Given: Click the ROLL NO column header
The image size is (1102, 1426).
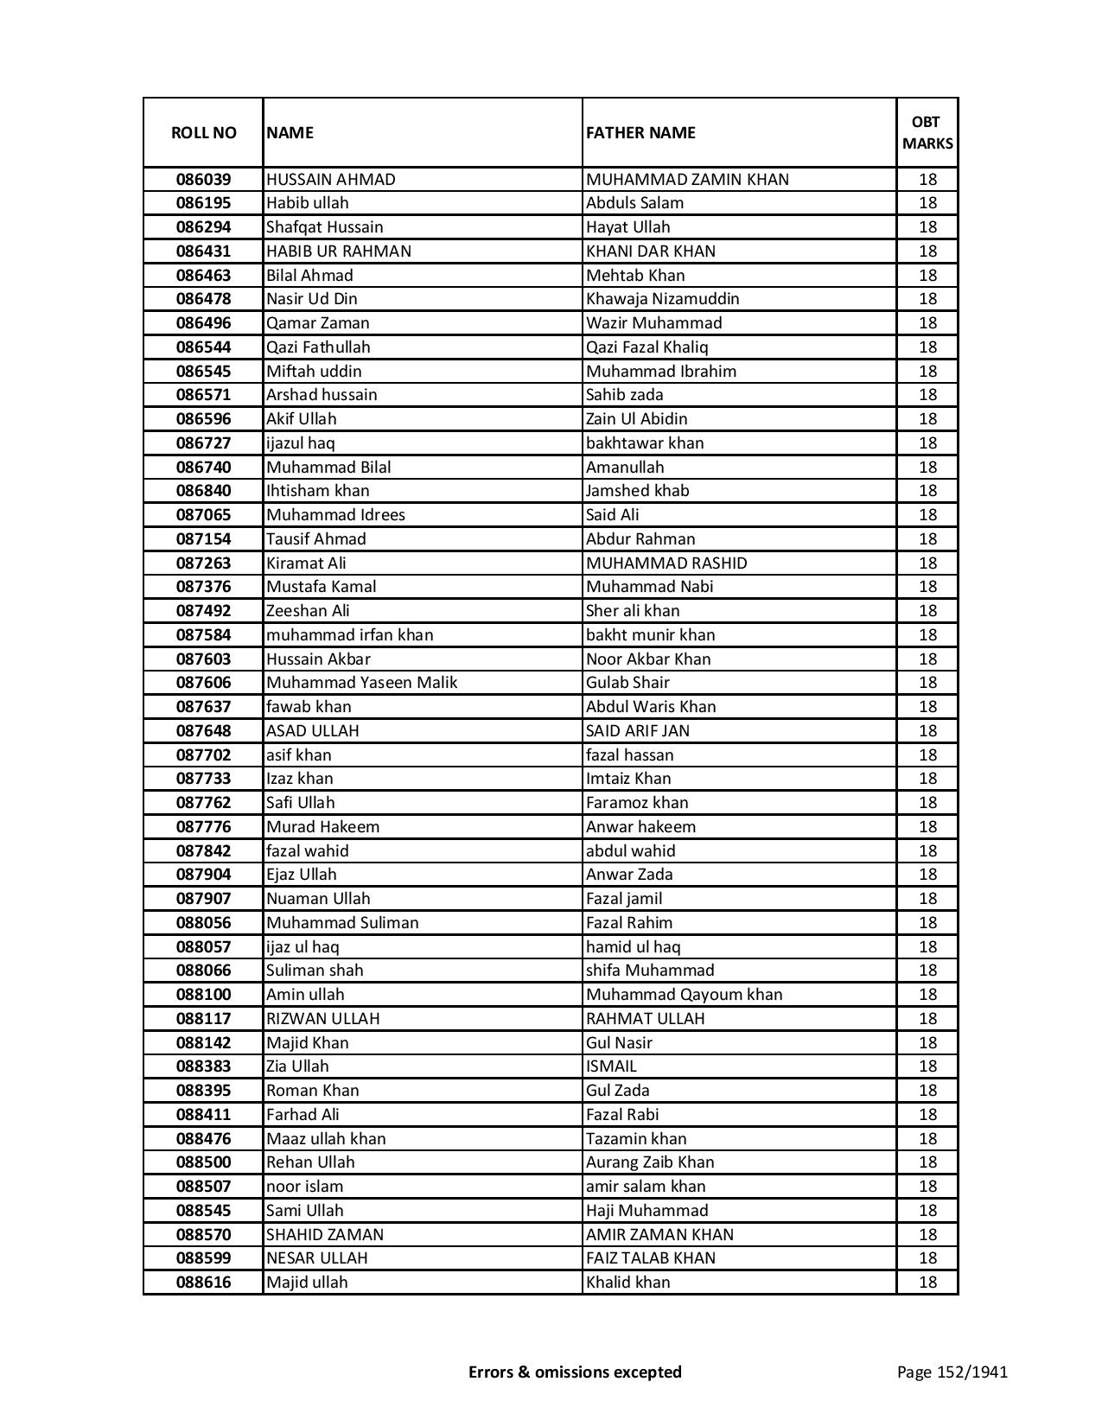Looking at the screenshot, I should [203, 132].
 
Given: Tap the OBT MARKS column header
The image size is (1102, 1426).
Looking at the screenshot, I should [927, 132].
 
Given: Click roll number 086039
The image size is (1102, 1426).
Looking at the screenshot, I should [203, 180].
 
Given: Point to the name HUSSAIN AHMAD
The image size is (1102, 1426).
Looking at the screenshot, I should [331, 180].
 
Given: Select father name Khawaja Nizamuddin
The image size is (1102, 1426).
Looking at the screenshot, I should [662, 299].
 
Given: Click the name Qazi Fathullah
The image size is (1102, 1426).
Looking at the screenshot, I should [318, 347].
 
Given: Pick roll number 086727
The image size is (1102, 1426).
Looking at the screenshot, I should [203, 443].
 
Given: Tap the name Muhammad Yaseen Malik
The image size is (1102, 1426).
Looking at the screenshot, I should [361, 683].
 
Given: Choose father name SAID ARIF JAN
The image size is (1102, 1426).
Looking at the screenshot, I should [638, 730].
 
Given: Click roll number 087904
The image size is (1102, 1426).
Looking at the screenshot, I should [203, 875].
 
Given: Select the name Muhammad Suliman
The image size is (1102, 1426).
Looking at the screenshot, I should [342, 922].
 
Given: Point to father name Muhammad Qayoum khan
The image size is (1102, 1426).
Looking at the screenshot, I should [684, 995].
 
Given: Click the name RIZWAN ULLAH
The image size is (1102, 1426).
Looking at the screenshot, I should [322, 1018].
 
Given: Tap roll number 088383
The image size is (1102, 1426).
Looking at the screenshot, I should [203, 1066].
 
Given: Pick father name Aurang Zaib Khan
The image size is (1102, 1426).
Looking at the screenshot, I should [650, 1162].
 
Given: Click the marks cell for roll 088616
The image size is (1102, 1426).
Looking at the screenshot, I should [927, 1283].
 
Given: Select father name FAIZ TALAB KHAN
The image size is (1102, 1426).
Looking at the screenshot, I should [650, 1258].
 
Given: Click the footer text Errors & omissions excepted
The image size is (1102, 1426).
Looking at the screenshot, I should [575, 1372].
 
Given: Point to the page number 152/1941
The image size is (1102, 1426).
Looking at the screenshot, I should [952, 1372].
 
